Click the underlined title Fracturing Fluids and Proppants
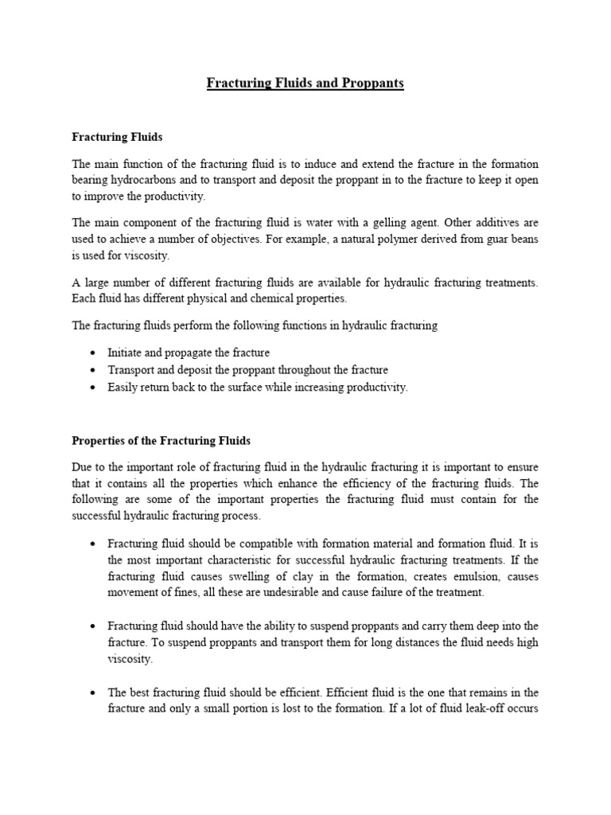pyautogui.click(x=305, y=84)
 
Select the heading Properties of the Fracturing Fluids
pyautogui.click(x=162, y=440)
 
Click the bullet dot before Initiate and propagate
pyautogui.click(x=94, y=353)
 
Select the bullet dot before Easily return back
pyautogui.click(x=94, y=388)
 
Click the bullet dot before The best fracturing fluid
pyautogui.click(x=94, y=692)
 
